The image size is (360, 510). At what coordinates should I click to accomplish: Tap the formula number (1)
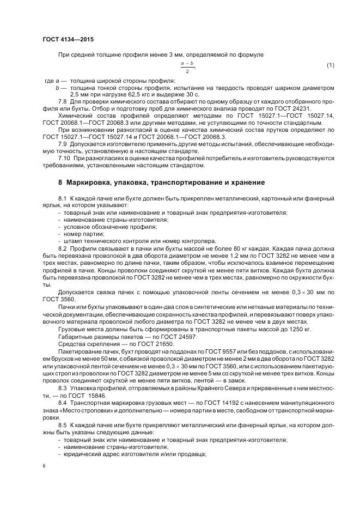tap(330, 66)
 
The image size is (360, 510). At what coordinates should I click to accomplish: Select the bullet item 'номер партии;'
tap(84, 233)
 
